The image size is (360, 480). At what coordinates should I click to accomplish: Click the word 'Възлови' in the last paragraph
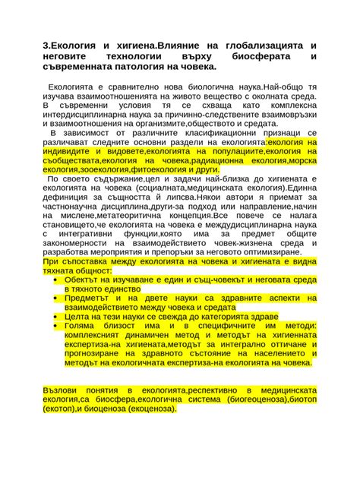tap(62, 389)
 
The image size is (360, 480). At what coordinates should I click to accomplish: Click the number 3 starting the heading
tap(45, 46)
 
